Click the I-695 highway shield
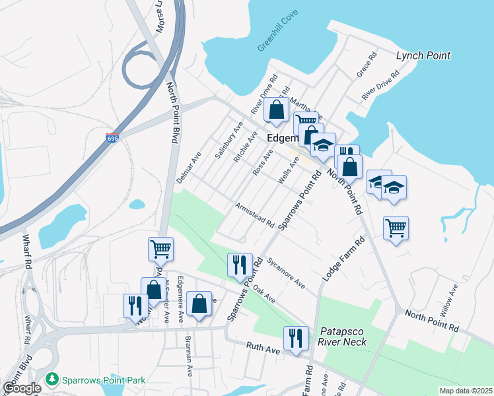[x=114, y=139]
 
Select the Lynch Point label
[x=423, y=55]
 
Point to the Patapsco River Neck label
[x=342, y=337]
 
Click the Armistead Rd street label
[x=255, y=215]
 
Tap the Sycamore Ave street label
[x=286, y=273]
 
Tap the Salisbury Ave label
[x=225, y=143]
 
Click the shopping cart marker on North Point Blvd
[x=160, y=249]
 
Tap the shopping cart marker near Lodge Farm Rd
[x=396, y=228]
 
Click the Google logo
[x=21, y=388]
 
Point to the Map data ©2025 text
[x=465, y=391]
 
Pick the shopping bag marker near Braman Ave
[x=199, y=304]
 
